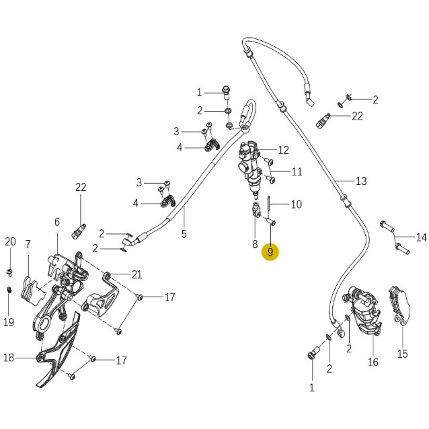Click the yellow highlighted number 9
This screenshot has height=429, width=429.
[x=270, y=252]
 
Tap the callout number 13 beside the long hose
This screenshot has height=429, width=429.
[x=361, y=181]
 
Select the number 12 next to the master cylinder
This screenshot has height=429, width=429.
[x=283, y=150]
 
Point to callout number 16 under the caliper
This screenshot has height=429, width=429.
[x=373, y=362]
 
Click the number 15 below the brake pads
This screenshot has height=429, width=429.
[x=403, y=354]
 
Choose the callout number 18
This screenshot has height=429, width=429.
[x=9, y=358]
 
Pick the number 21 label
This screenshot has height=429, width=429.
[x=137, y=274]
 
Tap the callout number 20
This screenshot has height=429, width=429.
[x=10, y=242]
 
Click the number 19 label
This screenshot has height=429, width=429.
[x=9, y=322]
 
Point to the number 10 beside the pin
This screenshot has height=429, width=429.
[x=296, y=204]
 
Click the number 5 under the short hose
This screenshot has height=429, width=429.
[x=184, y=234]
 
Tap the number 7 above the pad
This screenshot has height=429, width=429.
[x=28, y=244]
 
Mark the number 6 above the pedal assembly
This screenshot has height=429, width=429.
[x=57, y=222]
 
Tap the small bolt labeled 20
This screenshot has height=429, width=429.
[x=10, y=272]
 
